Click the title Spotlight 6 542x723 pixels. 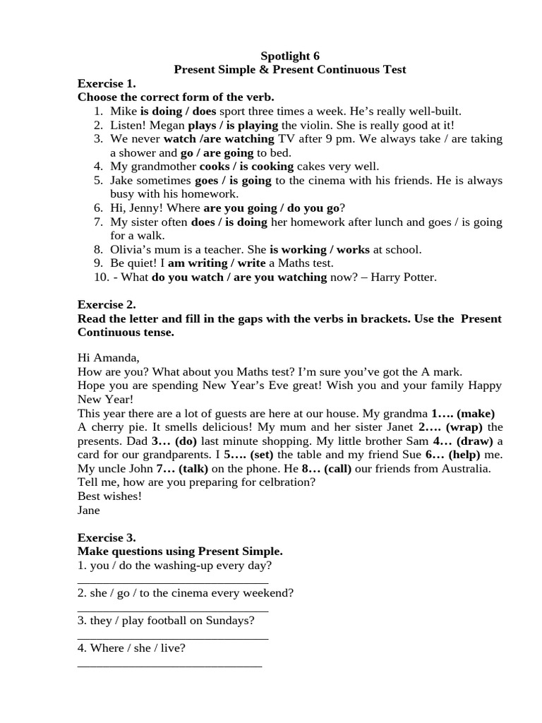290,56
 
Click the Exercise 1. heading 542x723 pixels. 106,83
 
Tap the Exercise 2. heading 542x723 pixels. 106,304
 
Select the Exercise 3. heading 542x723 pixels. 106,537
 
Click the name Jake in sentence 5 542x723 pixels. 122,181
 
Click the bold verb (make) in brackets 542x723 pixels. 475,413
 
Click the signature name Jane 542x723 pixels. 89,510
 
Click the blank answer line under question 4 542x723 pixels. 169,665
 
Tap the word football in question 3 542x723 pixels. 174,621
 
